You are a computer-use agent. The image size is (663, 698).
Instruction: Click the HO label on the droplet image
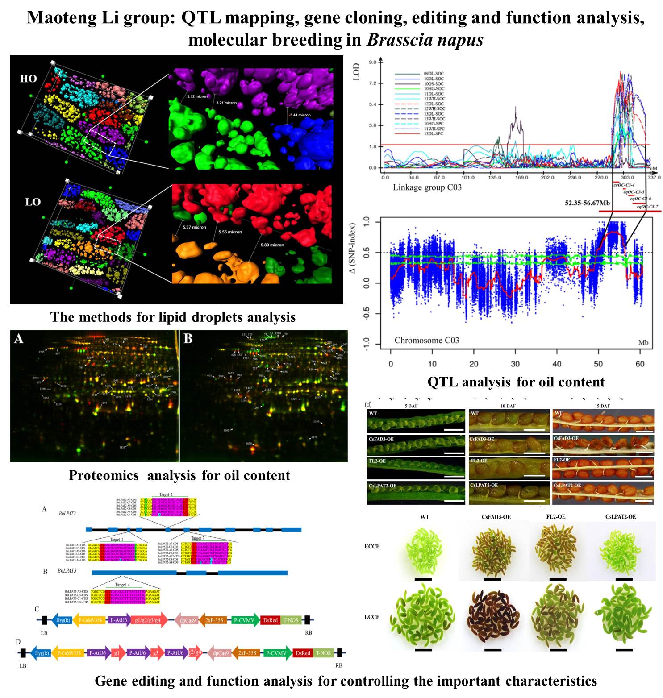pos(28,79)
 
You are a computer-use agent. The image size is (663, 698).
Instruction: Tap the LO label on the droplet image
pos(33,202)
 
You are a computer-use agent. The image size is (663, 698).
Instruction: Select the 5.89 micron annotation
pos(273,245)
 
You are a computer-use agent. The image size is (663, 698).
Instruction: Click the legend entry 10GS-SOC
pos(434,83)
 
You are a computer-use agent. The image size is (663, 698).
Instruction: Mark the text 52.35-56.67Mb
pos(588,203)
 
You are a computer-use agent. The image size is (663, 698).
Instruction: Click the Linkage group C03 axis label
pos(427,187)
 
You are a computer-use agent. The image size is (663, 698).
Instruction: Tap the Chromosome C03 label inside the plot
pos(426,340)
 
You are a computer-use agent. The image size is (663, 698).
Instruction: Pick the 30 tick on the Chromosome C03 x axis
pos(515,364)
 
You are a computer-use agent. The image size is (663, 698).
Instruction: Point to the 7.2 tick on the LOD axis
pos(373,83)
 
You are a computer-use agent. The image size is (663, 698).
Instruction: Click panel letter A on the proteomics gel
pos(18,339)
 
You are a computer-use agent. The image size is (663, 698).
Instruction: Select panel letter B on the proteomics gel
pos(188,339)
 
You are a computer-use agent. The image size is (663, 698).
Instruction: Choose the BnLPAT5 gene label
pos(67,571)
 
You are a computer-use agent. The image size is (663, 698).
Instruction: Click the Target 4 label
pos(122,585)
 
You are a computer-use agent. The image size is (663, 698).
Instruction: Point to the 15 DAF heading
pos(602,406)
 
